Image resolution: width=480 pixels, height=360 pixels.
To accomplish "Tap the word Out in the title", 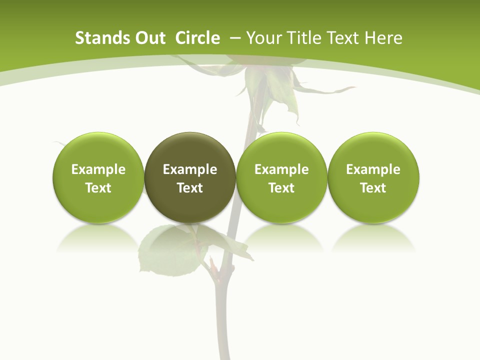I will [150, 38].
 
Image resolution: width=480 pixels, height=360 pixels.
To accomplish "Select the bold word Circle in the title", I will [197, 38].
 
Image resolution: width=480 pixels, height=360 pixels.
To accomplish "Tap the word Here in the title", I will [383, 38].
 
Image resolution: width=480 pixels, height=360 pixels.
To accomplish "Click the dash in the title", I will [235, 38].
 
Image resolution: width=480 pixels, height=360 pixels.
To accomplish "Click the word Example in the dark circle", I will [190, 169].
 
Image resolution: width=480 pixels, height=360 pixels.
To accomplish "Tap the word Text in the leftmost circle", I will [98, 188].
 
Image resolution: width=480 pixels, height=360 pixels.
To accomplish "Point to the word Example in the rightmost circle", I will [373, 169].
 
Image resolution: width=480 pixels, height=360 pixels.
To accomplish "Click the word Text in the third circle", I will [281, 188].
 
